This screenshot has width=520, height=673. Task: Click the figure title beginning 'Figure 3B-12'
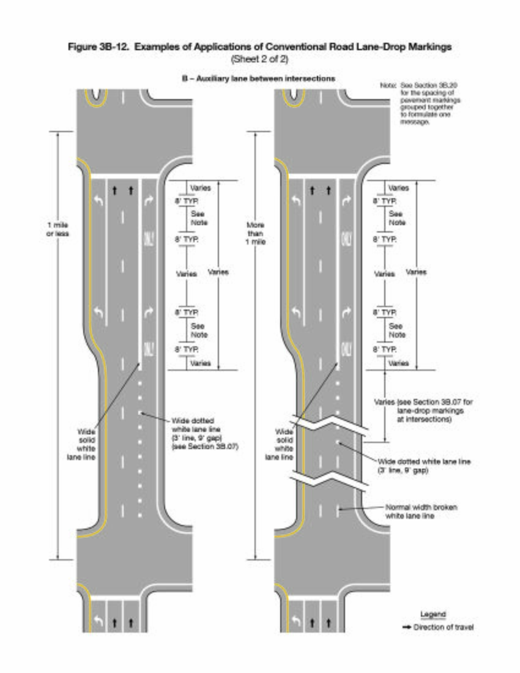point(259,47)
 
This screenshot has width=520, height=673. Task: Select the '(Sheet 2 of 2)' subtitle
point(259,59)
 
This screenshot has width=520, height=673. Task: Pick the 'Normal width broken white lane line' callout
point(421,511)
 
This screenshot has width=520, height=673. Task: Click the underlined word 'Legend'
point(433,614)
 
